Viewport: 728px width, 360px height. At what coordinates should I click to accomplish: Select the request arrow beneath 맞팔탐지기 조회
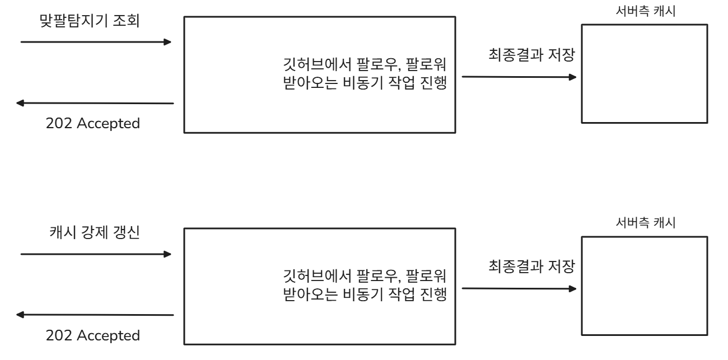click(x=96, y=42)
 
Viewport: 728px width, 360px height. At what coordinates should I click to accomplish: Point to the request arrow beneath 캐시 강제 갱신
click(x=96, y=254)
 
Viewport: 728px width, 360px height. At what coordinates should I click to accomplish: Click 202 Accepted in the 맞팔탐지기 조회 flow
click(x=93, y=123)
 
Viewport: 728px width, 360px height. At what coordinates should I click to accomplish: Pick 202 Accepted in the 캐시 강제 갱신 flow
click(x=93, y=336)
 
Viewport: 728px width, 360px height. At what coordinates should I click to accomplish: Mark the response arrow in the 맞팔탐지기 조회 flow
click(x=95, y=103)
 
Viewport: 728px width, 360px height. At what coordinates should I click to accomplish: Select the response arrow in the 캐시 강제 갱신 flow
click(x=95, y=315)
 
